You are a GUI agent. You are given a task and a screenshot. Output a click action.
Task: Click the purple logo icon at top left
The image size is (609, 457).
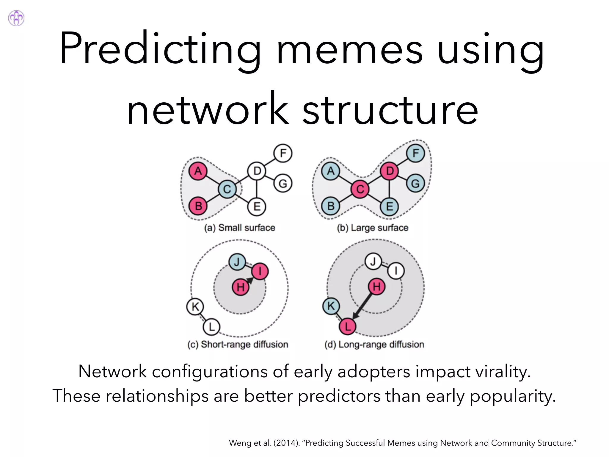tap(16, 18)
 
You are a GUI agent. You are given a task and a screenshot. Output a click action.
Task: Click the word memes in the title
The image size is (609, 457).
tap(349, 49)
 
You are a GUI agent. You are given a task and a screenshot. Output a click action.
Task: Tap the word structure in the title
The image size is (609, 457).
tap(390, 109)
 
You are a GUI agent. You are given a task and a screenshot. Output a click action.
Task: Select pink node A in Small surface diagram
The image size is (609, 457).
tap(198, 171)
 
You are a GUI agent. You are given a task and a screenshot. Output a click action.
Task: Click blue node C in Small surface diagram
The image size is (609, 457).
tap(227, 189)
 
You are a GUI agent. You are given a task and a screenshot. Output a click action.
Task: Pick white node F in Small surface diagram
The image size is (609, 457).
tap(283, 153)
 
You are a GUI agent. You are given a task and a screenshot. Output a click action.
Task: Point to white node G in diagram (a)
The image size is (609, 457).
tap(283, 183)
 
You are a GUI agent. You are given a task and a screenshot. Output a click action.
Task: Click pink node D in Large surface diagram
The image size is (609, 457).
tap(390, 171)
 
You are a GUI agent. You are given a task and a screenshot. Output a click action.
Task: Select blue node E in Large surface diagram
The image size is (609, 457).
tap(390, 206)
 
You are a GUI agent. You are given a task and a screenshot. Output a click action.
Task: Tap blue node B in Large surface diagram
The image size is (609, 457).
tap(331, 206)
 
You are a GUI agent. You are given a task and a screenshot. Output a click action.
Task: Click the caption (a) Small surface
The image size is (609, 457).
tap(240, 228)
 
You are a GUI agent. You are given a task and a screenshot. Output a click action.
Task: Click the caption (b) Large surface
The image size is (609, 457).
tap(373, 228)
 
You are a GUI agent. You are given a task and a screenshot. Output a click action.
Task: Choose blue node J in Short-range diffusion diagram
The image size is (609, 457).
tap(237, 262)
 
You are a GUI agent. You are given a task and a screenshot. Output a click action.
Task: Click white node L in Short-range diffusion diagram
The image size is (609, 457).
tap(211, 327)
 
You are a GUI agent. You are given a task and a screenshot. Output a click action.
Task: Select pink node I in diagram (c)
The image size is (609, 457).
tap(260, 271)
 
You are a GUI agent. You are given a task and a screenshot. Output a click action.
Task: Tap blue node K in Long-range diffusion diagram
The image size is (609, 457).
tap(331, 306)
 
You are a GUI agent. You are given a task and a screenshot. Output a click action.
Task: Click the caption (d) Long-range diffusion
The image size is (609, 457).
tap(374, 345)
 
